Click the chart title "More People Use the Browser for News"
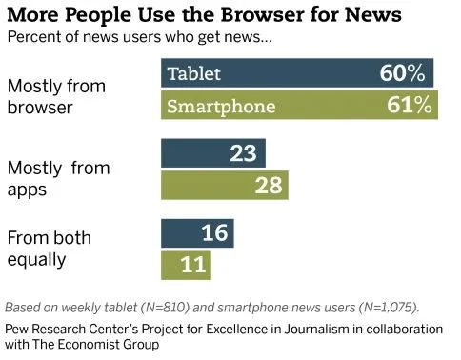point(204,15)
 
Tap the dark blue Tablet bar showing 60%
point(297,73)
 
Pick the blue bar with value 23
point(213,153)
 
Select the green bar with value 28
point(225,186)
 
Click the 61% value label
point(407,105)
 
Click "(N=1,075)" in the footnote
point(373,308)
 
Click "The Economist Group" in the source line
point(106,344)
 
